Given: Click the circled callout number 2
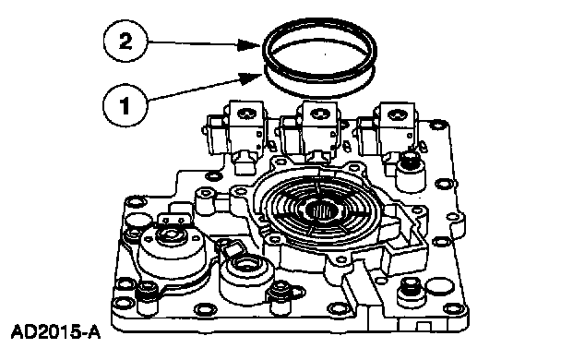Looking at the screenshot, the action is (x=125, y=42).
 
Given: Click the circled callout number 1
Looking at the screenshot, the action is (x=125, y=105).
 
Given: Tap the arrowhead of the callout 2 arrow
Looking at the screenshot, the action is (x=249, y=44).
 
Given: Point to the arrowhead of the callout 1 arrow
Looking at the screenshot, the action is (x=250, y=78).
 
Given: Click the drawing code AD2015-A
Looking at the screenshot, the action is (x=55, y=332).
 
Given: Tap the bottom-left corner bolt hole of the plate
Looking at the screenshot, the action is (x=124, y=305).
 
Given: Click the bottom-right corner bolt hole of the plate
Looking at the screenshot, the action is (x=453, y=307).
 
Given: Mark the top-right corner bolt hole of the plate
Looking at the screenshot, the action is (x=436, y=126).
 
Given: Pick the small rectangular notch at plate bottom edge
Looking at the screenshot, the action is (x=424, y=326).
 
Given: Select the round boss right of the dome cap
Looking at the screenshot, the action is (x=246, y=276).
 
